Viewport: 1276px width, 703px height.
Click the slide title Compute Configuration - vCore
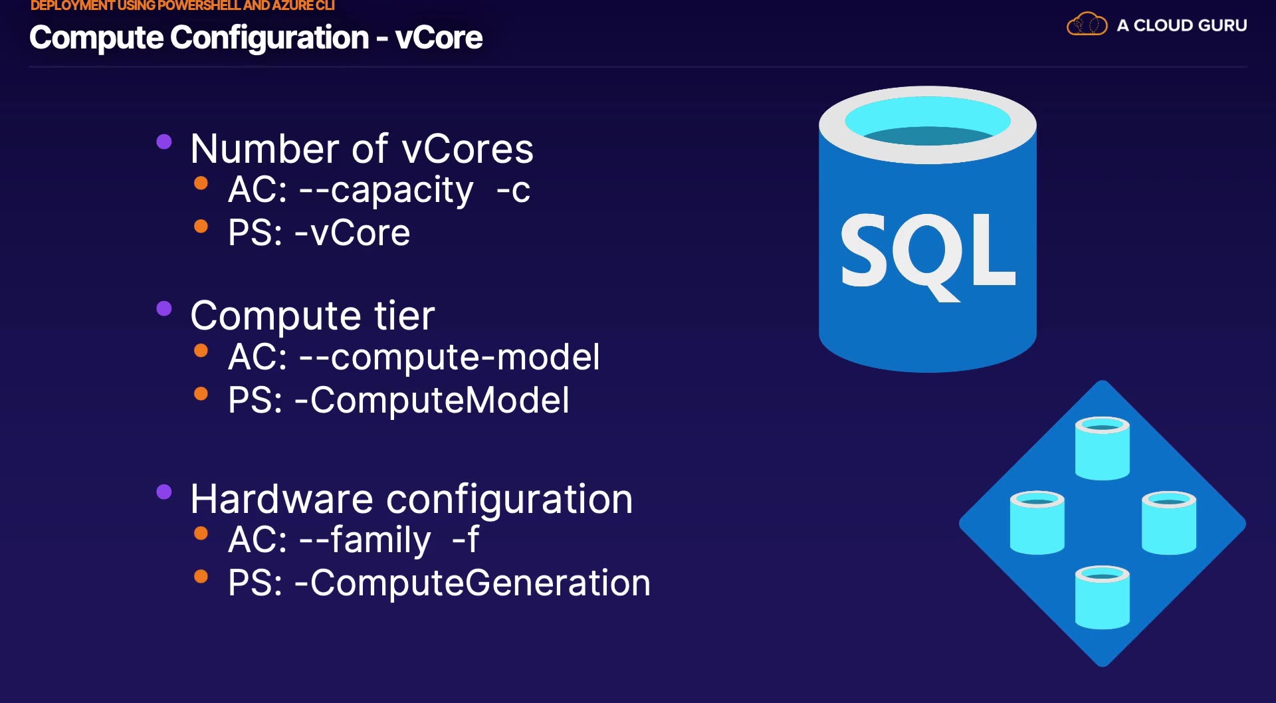click(x=256, y=38)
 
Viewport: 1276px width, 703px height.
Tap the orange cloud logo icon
click(x=1087, y=25)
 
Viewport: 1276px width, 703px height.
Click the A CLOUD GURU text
click(x=1182, y=25)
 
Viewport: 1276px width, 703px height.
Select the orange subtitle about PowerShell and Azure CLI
click(x=182, y=6)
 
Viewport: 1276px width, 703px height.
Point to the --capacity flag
click(x=386, y=191)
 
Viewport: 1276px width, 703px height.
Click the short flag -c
click(x=513, y=191)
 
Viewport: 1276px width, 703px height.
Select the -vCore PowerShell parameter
click(x=352, y=233)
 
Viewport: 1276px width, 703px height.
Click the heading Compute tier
click(x=312, y=316)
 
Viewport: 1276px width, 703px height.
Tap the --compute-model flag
click(x=449, y=357)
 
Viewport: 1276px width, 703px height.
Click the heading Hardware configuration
click(x=411, y=499)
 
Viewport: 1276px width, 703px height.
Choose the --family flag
click(x=365, y=540)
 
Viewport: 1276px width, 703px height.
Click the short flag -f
click(x=465, y=540)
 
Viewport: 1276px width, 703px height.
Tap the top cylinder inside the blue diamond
click(x=1102, y=448)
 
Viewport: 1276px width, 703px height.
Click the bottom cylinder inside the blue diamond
click(x=1102, y=597)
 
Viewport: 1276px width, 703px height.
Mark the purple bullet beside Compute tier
click(x=164, y=308)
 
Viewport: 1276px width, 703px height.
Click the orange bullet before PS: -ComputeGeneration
click(x=201, y=576)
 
